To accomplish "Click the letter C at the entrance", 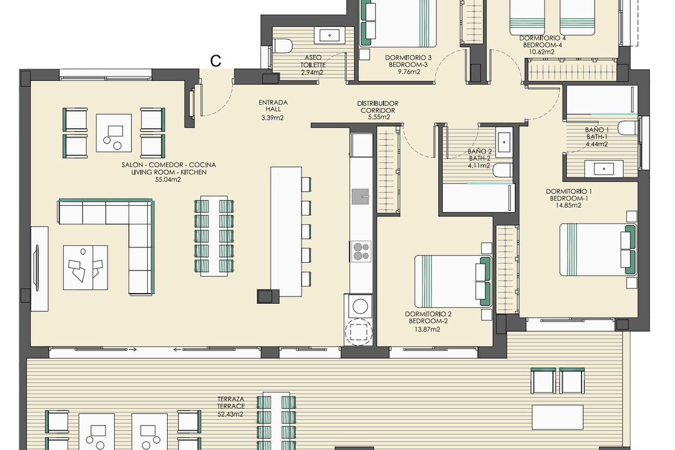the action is coord(215,61).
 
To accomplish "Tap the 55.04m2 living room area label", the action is coord(168,179).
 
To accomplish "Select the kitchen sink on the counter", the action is coord(361,196).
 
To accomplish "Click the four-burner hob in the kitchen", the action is coord(361,251).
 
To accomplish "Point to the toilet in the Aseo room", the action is coord(282,46).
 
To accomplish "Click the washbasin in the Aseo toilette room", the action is coord(330,35).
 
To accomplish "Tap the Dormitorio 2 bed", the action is coord(453,281).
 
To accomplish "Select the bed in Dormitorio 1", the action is coord(598,250).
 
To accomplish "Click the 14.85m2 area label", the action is coord(568,205).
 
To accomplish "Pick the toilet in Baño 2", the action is coord(503,170).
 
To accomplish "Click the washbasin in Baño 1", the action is coord(604,169).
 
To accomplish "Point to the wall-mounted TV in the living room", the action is coord(37,268).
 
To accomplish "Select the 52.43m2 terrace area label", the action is coord(230,415).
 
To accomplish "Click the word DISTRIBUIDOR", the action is coord(377,103).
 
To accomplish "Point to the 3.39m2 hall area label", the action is coord(272,118).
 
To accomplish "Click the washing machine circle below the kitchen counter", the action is coord(360,307).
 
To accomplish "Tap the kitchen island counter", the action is coord(286,231).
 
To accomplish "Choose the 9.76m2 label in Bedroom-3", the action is coord(408,72).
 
